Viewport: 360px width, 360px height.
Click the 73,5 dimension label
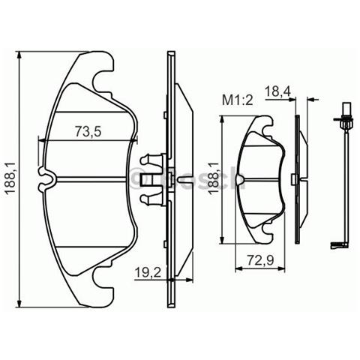88,131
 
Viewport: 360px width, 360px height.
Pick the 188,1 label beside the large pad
9,180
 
